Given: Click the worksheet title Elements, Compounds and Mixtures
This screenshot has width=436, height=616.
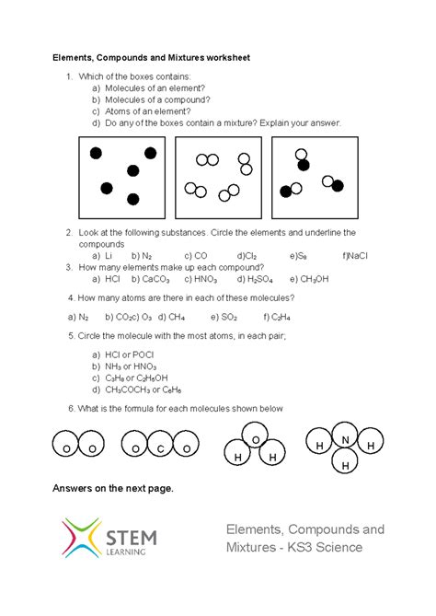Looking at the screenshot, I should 150,57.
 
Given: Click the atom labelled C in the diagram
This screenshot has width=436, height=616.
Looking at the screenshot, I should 160,448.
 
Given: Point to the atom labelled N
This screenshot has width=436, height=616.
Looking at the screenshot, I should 346,439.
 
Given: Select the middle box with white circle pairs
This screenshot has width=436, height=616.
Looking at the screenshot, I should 219,177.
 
